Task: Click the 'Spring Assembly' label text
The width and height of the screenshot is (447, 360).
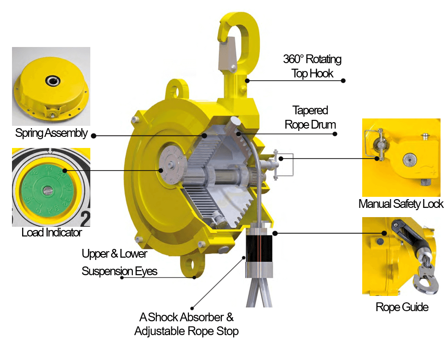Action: pyautogui.click(x=51, y=133)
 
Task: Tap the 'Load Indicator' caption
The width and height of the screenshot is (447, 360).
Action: pyautogui.click(x=51, y=232)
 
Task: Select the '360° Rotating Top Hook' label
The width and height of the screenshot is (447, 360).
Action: pyautogui.click(x=312, y=66)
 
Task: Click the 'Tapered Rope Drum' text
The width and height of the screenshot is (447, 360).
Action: pyautogui.click(x=310, y=118)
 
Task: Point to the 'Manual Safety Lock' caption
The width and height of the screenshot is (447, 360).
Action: pyautogui.click(x=401, y=204)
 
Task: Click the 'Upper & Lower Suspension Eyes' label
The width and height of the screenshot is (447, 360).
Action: pyautogui.click(x=119, y=262)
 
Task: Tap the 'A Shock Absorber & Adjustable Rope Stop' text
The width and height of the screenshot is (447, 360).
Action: pyautogui.click(x=186, y=324)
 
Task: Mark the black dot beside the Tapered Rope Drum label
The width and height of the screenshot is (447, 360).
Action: pyautogui.click(x=335, y=134)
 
